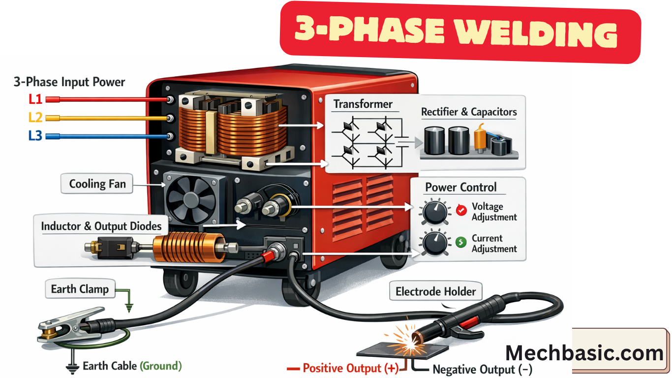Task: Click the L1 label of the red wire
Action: (x=35, y=99)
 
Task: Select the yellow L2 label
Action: (x=35, y=118)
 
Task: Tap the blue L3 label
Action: (x=35, y=135)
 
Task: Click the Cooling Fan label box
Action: (x=97, y=185)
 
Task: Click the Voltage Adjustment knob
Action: (x=434, y=212)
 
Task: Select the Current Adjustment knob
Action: (x=434, y=243)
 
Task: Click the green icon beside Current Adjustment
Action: (x=461, y=242)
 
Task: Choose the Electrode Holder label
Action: (x=436, y=292)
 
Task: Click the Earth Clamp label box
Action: (x=80, y=289)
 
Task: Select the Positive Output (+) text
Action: (x=350, y=368)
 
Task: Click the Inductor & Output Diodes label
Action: (x=101, y=226)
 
